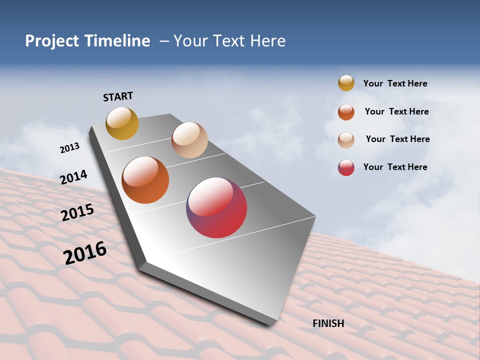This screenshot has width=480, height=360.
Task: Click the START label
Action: point(118,96)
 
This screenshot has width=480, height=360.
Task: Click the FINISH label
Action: point(328,323)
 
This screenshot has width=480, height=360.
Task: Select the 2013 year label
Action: point(69,148)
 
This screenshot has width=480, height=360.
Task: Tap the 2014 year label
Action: point(73,177)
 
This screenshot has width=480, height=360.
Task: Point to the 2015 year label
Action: point(77,212)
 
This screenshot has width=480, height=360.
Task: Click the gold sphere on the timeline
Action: point(122,123)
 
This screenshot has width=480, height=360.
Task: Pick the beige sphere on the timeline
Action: point(189,140)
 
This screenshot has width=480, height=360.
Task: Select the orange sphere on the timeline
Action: point(145,180)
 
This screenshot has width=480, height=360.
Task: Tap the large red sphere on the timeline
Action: point(216,207)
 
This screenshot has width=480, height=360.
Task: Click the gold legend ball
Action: point(346,83)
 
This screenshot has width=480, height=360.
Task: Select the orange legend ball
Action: point(346,112)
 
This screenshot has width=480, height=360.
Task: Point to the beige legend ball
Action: point(346,139)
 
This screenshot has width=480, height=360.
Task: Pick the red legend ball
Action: point(346,167)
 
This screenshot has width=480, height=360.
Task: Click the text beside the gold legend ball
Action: point(395,83)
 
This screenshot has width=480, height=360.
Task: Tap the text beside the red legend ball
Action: point(395,167)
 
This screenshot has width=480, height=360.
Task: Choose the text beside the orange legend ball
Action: point(396,111)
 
